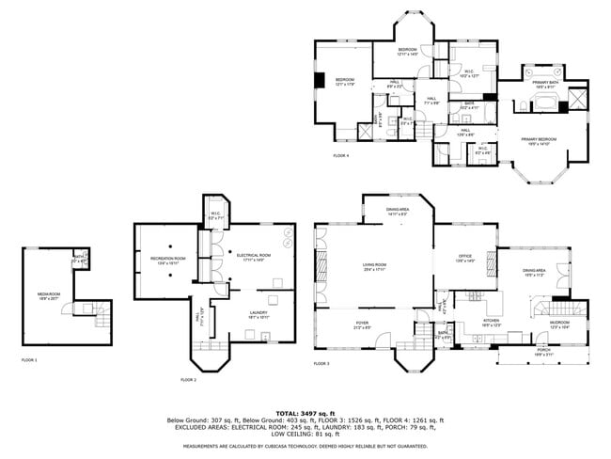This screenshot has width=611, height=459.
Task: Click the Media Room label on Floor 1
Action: [x=49, y=293]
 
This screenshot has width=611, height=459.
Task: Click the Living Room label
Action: [x=375, y=267]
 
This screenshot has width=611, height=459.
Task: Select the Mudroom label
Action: [x=560, y=325]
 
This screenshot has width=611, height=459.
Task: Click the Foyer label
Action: [x=362, y=325]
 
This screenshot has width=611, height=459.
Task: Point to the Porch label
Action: [x=543, y=351]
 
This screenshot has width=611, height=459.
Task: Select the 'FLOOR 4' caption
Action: [x=340, y=155]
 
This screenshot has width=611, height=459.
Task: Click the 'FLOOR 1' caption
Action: [x=30, y=359]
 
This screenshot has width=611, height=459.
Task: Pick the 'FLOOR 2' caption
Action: [x=189, y=379]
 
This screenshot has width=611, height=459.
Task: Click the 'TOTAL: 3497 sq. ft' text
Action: [x=305, y=412]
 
